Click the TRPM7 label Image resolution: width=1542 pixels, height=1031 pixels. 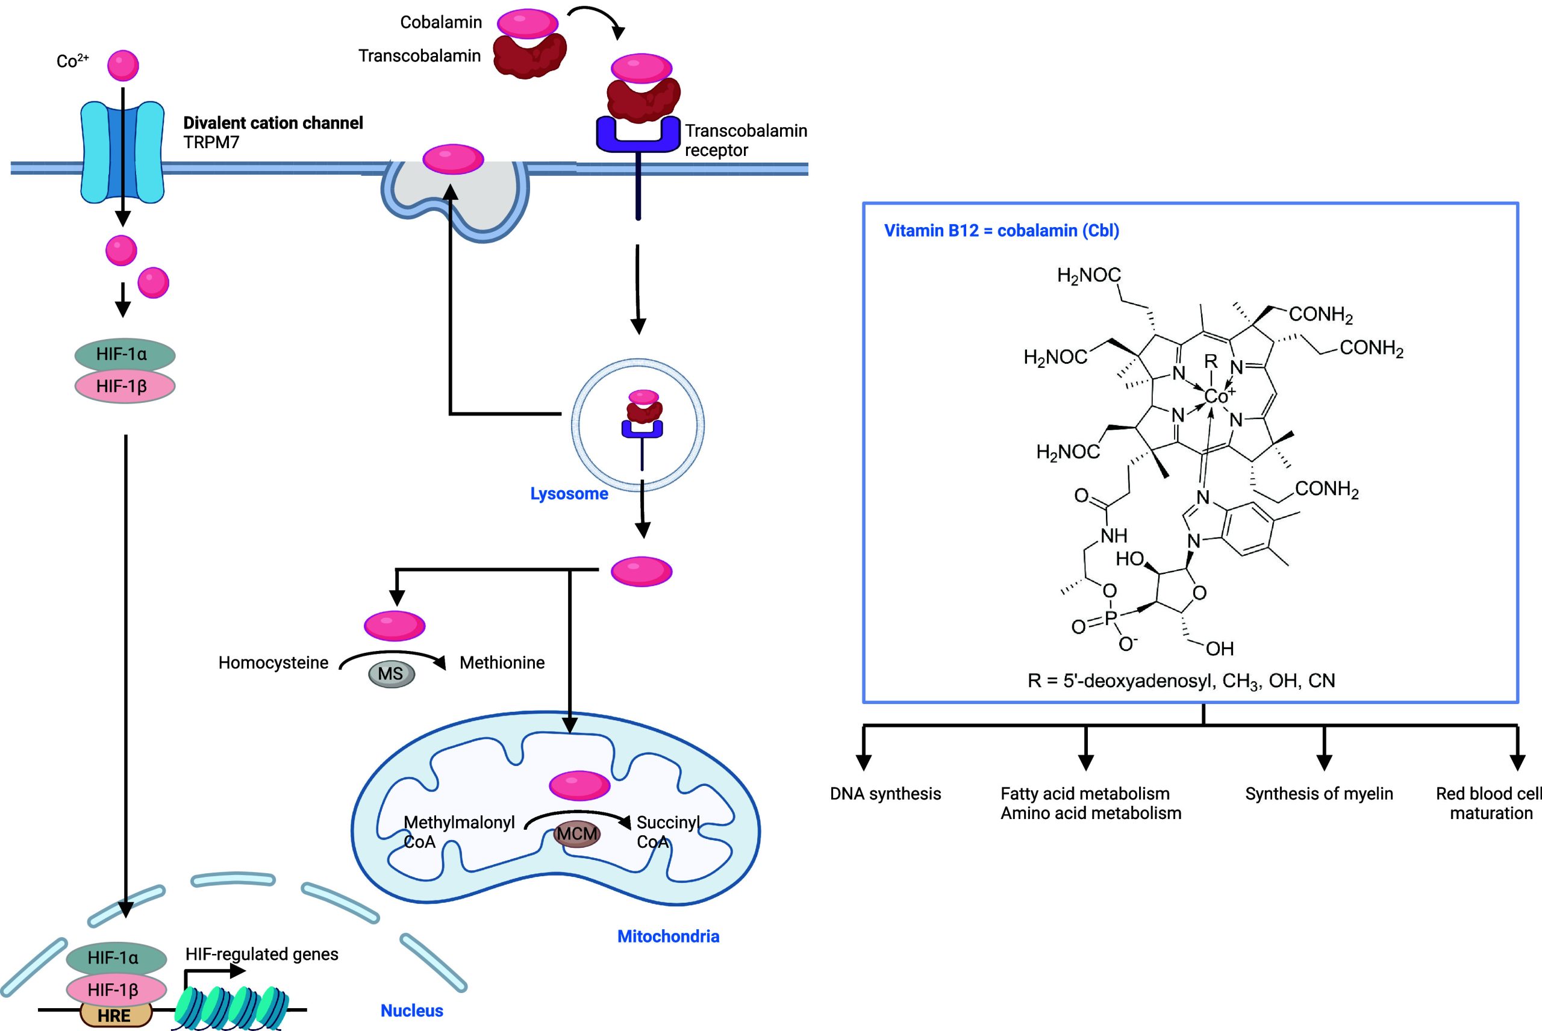click(211, 143)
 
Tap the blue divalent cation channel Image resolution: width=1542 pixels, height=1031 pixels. click(122, 152)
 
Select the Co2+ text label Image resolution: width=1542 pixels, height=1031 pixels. click(72, 61)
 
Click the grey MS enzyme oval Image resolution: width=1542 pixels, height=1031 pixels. click(390, 674)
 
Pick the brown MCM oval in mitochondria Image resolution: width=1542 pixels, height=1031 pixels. click(576, 833)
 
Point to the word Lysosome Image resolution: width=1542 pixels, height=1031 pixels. click(569, 494)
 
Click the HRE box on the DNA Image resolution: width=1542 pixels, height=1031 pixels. click(115, 1016)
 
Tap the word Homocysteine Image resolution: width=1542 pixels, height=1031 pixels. click(273, 663)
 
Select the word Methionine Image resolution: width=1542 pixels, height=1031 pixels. click(502, 663)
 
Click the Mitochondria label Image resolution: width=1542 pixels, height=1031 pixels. click(668, 936)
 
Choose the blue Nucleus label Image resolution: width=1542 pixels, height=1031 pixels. click(411, 1011)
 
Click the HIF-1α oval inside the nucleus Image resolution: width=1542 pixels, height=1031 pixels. click(116, 958)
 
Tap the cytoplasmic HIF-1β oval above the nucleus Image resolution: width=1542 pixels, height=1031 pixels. click(124, 386)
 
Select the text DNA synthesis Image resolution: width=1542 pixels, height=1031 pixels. click(885, 794)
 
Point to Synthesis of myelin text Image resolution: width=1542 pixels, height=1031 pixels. click(1319, 794)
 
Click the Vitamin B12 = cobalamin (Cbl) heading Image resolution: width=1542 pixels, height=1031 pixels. click(1001, 231)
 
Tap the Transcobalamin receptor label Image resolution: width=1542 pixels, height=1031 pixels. click(745, 140)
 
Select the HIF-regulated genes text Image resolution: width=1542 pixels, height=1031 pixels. click(261, 954)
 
